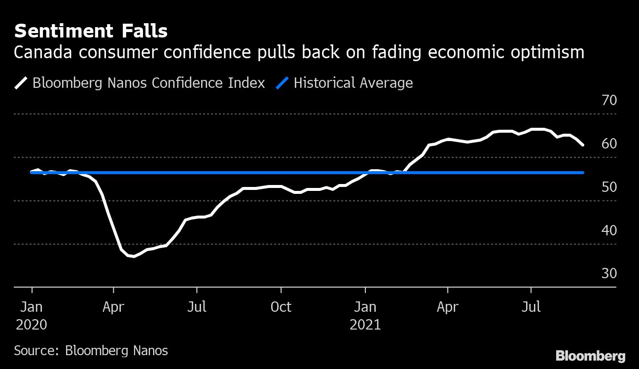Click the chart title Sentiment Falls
(x=91, y=32)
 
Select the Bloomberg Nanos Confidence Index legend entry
(x=148, y=83)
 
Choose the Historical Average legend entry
(x=353, y=83)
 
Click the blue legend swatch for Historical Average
(x=283, y=83)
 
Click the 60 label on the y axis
(x=609, y=144)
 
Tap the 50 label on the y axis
(x=609, y=187)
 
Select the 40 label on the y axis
(x=609, y=230)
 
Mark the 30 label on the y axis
(x=609, y=274)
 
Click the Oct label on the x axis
(x=281, y=307)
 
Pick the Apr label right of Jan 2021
(x=448, y=307)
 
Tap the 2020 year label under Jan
(x=32, y=325)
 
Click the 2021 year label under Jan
(x=365, y=325)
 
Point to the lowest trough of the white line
(x=134, y=257)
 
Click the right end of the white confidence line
(x=583, y=145)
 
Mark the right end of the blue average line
(x=583, y=173)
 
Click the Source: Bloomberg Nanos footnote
(x=91, y=351)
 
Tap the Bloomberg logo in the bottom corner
(x=590, y=356)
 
